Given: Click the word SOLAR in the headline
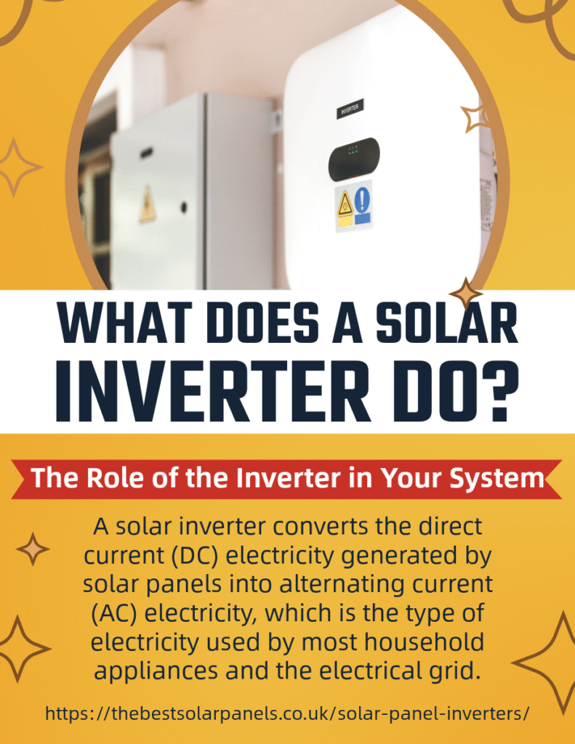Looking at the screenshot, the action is point(447,322).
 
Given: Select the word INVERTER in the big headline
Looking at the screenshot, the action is point(213,393).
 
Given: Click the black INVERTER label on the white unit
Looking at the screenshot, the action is point(350,109).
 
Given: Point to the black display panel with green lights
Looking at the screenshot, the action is point(354,159).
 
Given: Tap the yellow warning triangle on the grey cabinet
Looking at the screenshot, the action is point(148,204).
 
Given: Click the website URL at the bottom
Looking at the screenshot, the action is point(287,713).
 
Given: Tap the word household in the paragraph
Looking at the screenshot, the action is point(424,642).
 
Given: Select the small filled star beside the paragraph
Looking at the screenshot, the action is point(33,549).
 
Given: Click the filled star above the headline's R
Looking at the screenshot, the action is point(466,294).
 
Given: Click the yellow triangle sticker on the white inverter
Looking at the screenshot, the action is point(345,204).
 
